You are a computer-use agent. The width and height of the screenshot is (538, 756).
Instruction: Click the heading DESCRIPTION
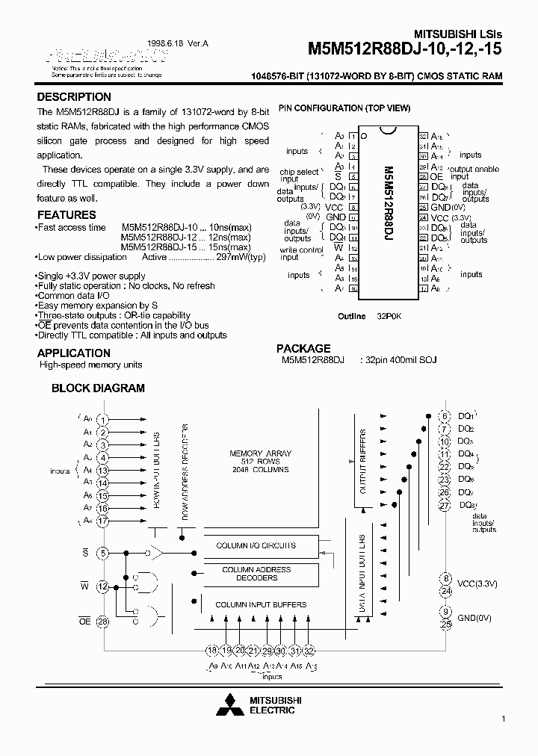coord(74,97)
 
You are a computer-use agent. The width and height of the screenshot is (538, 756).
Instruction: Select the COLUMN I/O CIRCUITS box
coord(256,546)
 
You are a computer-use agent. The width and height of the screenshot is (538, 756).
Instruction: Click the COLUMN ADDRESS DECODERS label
coord(256,574)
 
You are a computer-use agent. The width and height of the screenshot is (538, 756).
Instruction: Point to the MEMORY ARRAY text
coord(261,453)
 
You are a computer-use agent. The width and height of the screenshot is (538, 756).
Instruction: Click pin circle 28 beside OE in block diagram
coord(103,622)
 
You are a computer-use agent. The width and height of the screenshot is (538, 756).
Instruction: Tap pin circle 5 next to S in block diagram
coord(103,553)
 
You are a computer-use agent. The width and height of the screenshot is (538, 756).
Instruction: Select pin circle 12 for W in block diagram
coord(103,587)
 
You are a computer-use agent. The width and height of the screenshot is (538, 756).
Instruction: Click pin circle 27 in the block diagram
coord(445,506)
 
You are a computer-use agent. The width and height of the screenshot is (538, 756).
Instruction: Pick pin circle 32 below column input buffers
coord(309,651)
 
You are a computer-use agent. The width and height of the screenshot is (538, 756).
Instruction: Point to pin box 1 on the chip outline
coord(353,137)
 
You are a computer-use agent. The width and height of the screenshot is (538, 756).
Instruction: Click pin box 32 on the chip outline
coord(422,137)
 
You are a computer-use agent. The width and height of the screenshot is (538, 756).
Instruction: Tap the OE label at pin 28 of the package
coord(436,176)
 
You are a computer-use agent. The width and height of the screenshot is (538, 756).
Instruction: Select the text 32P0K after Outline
coord(390,317)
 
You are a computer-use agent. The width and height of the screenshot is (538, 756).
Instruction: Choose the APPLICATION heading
coord(73,353)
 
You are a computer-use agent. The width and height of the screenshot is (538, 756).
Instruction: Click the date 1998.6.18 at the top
coord(170,45)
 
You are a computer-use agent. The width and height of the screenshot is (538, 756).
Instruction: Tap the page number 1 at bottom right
coord(504,719)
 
